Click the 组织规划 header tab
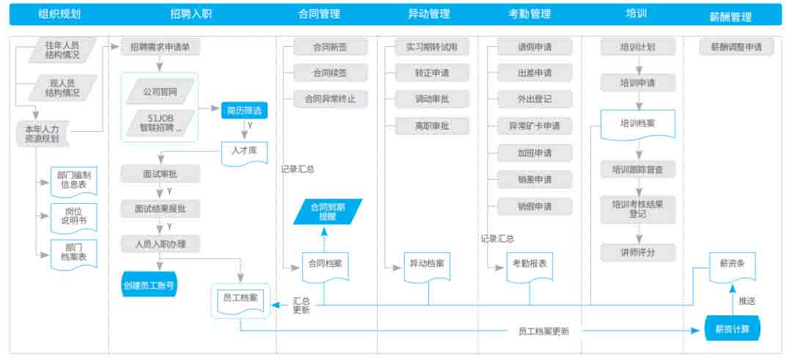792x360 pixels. click(59, 14)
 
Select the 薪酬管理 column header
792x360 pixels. click(730, 16)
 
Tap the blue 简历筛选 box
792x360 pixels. click(244, 111)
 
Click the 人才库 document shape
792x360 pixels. click(244, 153)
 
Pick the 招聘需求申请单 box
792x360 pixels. click(159, 47)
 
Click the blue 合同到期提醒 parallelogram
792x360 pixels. click(327, 212)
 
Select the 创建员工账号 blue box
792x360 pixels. click(149, 284)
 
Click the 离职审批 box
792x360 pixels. click(426, 126)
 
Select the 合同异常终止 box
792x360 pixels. click(329, 98)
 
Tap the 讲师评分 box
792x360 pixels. click(637, 253)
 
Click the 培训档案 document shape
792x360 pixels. click(637, 124)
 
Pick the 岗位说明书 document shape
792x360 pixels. click(73, 216)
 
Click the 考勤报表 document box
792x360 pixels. click(529, 264)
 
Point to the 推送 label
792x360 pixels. click(747, 301)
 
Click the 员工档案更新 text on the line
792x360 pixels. click(538, 331)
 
